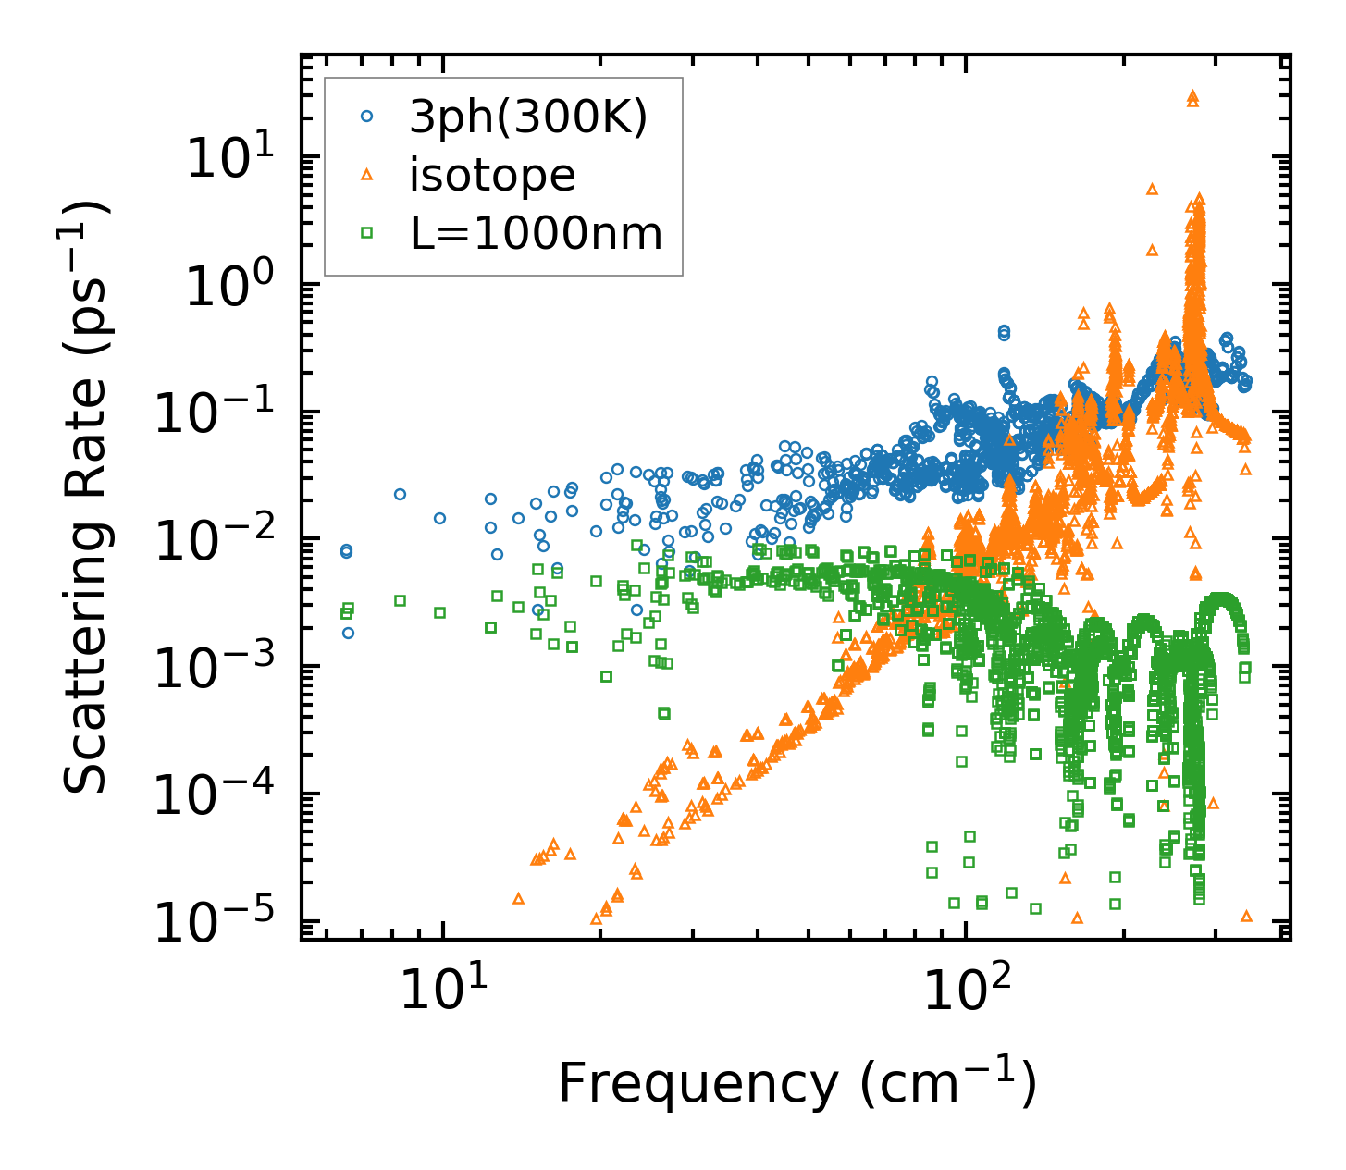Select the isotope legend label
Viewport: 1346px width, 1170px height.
(x=492, y=176)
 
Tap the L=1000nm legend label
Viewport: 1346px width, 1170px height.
(x=537, y=234)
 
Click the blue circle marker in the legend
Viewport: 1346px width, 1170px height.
(x=367, y=117)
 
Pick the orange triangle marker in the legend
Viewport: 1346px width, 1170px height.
(x=367, y=175)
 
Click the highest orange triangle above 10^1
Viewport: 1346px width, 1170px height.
(x=1192, y=95)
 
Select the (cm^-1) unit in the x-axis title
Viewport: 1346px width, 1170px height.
(x=948, y=1084)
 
